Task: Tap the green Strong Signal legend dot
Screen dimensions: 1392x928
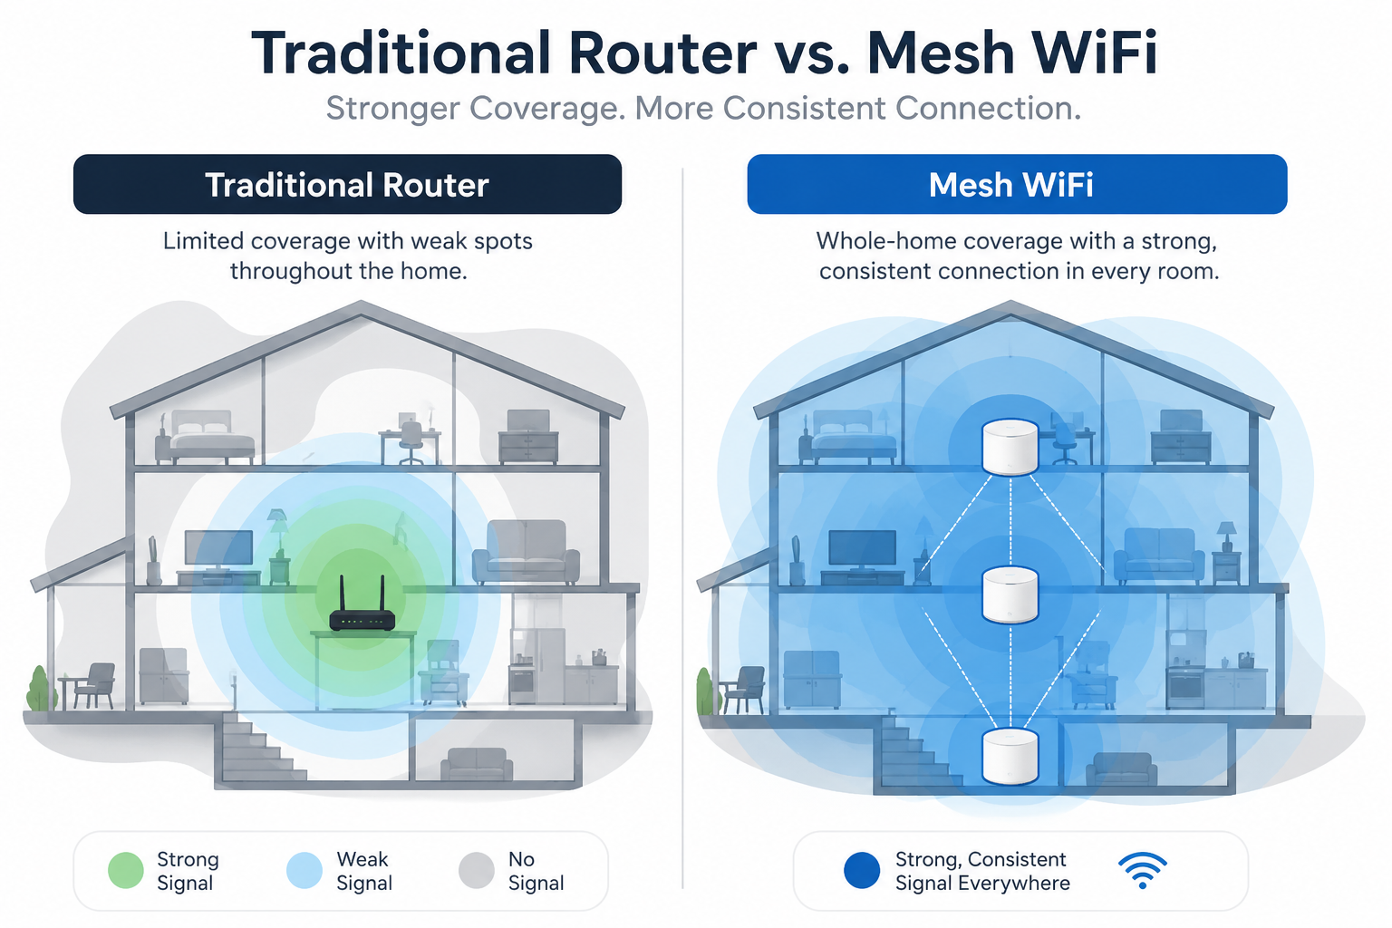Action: coord(126,870)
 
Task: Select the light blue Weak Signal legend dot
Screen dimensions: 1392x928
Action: coord(304,870)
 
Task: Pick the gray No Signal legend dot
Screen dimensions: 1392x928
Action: coord(477,870)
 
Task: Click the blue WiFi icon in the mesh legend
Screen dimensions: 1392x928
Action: coord(1142,870)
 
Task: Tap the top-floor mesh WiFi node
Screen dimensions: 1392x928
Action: coord(1010,447)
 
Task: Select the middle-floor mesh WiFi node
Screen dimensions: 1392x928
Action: coord(1010,594)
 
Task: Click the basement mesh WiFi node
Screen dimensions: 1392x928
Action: coord(1010,757)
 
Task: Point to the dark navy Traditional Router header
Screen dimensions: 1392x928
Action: coord(347,185)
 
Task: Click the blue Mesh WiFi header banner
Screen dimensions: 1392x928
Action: coord(1018,185)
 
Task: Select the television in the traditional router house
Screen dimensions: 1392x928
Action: coord(219,550)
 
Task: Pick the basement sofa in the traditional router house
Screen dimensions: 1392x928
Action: coord(477,764)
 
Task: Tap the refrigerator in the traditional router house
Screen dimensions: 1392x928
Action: coord(538,666)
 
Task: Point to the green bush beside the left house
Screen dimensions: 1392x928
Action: coord(40,689)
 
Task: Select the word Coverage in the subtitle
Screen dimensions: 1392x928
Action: coord(546,108)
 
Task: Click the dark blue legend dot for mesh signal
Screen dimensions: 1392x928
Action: coord(862,870)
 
